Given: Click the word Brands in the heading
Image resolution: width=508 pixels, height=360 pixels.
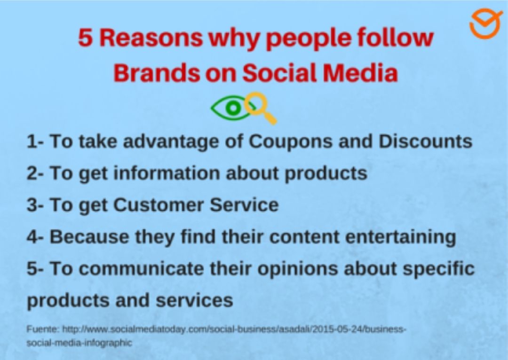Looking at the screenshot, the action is pyautogui.click(x=157, y=73).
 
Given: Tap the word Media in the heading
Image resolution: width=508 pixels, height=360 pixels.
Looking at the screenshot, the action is pyautogui.click(x=360, y=73).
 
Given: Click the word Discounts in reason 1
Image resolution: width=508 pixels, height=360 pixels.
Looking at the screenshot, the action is pyautogui.click(x=425, y=141).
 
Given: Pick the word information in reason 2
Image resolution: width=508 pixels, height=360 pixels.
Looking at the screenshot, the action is pyautogui.click(x=166, y=173).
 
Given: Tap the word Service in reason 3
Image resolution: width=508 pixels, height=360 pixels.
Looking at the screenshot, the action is pyautogui.click(x=244, y=205).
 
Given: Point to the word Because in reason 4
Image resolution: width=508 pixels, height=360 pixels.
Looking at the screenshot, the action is pyautogui.click(x=89, y=237).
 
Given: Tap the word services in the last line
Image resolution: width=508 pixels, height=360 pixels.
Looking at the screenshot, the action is pyautogui.click(x=194, y=300).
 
